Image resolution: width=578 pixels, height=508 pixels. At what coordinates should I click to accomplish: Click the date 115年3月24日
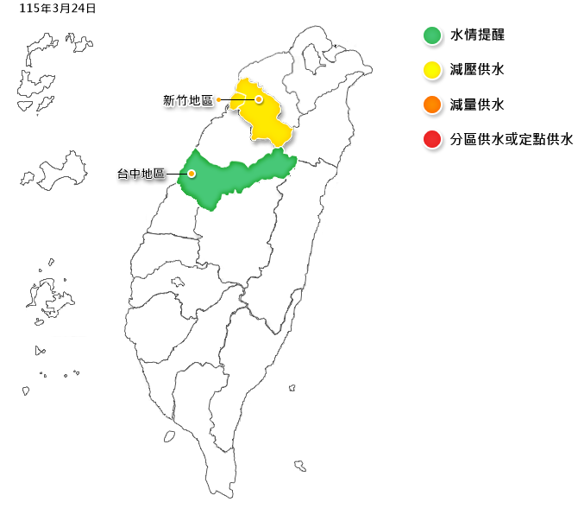[x=58, y=9]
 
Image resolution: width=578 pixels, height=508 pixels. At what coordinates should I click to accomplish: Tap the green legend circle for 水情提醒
[x=432, y=35]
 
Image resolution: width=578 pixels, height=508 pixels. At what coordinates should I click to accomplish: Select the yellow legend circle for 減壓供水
[x=432, y=70]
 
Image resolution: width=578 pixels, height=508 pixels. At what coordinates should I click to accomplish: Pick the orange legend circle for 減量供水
[x=432, y=105]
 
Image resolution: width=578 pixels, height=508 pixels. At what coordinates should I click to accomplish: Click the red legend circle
[x=432, y=139]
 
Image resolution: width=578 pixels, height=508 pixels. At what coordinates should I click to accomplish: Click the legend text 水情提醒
[x=477, y=35]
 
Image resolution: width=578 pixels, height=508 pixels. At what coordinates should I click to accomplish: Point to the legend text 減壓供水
[x=477, y=70]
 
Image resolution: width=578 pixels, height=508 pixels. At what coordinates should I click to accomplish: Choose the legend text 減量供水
[x=477, y=105]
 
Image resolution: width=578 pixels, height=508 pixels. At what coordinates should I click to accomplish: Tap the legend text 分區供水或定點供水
[x=512, y=139]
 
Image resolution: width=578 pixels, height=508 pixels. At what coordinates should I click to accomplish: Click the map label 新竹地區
[x=188, y=100]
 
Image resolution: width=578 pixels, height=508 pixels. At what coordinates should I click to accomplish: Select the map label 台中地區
[x=141, y=174]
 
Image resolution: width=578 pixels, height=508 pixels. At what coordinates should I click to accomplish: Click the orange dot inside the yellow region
[x=258, y=99]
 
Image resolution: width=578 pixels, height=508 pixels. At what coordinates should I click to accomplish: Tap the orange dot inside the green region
[x=192, y=173]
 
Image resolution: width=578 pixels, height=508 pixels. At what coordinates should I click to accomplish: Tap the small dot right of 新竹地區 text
[x=219, y=100]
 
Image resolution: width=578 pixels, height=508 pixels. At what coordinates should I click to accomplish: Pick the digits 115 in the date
[x=28, y=9]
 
